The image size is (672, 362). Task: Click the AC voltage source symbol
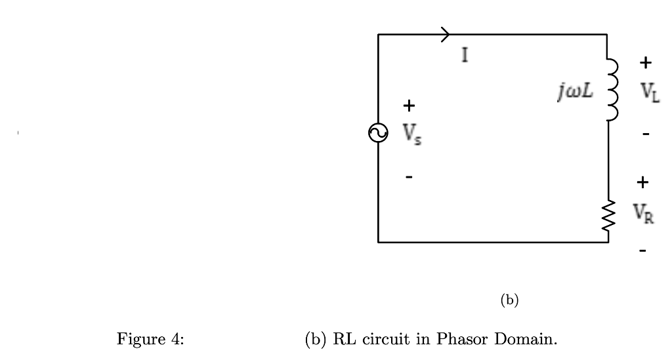(378, 133)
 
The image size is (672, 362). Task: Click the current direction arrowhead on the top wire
(446, 34)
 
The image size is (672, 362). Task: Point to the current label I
(465, 56)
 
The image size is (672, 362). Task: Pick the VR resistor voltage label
(644, 212)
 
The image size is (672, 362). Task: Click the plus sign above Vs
(408, 105)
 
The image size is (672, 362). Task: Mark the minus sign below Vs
(409, 176)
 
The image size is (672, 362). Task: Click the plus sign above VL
(646, 63)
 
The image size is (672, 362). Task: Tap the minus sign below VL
(646, 134)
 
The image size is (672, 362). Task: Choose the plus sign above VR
(643, 181)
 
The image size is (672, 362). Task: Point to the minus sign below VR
(643, 250)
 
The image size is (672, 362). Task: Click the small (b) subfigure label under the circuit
(509, 300)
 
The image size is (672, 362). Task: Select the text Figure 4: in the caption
(150, 340)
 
